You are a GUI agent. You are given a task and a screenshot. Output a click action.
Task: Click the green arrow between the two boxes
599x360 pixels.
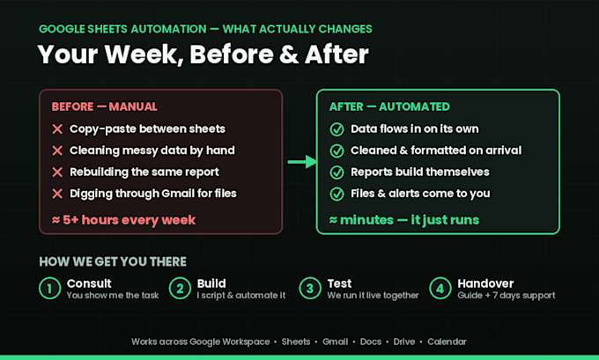point(302,162)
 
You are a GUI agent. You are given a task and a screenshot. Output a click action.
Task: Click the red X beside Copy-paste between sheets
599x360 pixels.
point(57,129)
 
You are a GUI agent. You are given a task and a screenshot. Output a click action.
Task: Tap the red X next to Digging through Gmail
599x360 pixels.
point(57,194)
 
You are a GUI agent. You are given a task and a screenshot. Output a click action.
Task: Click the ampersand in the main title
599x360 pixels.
point(289,55)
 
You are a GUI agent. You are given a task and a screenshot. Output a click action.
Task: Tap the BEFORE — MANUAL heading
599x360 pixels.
point(104,107)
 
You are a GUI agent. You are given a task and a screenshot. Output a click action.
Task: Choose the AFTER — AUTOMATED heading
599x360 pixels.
point(389,107)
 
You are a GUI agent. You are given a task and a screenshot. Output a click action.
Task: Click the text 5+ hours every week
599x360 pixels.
point(129,220)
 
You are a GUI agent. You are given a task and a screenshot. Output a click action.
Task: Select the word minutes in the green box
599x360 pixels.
point(366,220)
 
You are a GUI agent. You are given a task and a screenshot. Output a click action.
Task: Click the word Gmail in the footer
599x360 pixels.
point(335,342)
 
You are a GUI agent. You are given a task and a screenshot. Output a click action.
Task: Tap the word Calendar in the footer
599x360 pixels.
point(447,342)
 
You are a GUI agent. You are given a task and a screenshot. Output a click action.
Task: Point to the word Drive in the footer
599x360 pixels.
point(404,342)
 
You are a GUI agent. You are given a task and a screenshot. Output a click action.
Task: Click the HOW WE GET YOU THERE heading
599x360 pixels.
point(113,261)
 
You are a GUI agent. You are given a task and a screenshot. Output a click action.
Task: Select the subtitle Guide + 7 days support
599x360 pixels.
point(507,295)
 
